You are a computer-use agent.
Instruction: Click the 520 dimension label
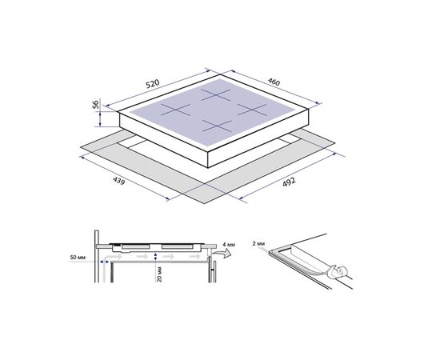coord(153,84)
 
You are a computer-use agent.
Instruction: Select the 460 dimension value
coord(274,82)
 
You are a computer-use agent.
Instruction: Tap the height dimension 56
coord(96,104)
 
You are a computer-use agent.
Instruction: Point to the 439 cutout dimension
coord(118,181)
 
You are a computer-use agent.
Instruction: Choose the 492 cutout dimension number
coord(289,182)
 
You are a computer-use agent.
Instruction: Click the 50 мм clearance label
coord(78,258)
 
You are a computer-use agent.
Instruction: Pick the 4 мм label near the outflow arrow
coord(229,245)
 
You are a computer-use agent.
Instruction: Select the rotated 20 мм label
coord(159,274)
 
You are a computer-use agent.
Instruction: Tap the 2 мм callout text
coord(258,243)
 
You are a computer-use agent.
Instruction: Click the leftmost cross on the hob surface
coord(176,110)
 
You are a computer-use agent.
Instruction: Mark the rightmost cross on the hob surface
coord(252,109)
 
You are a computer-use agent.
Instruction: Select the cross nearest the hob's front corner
coord(217,126)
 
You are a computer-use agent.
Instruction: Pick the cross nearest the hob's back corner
coord(216,95)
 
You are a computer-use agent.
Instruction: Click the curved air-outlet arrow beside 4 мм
coord(222,254)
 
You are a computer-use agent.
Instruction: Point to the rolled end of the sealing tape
coord(339,272)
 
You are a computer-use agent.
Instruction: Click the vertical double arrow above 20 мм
coord(156,257)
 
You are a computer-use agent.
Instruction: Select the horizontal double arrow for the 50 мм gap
coord(105,262)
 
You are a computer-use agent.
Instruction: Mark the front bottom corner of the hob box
coord(208,168)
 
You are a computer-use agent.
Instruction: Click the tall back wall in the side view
coord(97,256)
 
